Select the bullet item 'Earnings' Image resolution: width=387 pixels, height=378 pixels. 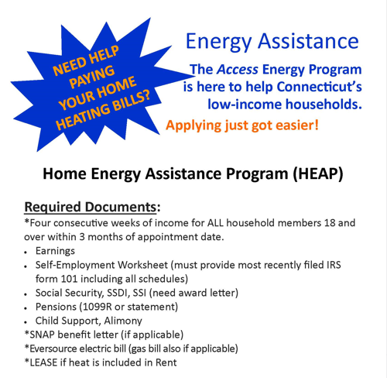pos(55,251)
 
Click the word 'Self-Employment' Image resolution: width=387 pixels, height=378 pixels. pos(78,265)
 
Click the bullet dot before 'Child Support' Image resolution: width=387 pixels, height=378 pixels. pos(27,321)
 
